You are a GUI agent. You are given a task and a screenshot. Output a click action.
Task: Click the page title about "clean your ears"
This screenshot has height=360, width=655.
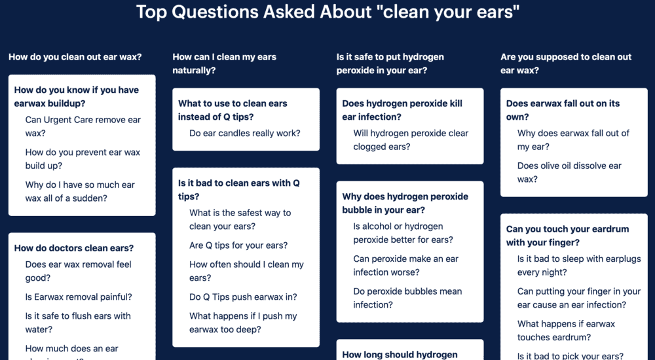tap(327, 12)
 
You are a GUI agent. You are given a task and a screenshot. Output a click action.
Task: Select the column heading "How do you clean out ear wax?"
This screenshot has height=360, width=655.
tap(75, 57)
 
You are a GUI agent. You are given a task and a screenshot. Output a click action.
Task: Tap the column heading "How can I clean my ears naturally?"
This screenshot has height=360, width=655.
tap(224, 63)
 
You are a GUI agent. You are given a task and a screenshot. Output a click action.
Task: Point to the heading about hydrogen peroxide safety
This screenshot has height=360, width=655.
tap(390, 63)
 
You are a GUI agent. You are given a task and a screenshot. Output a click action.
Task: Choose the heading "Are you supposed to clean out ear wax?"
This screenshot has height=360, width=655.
tap(566, 63)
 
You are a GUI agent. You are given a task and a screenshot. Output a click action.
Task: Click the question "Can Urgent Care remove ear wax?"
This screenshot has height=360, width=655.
tap(83, 126)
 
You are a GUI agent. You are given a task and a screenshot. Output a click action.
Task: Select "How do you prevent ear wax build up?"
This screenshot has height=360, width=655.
tap(83, 159)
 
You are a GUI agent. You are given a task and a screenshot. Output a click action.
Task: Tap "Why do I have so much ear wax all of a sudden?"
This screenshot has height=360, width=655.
tap(80, 192)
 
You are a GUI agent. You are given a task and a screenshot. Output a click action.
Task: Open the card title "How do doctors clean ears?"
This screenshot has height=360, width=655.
tap(74, 248)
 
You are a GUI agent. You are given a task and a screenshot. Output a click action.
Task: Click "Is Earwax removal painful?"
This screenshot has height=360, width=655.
tap(79, 297)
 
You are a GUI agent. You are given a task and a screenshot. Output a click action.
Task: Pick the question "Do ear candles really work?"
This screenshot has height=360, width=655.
tap(245, 134)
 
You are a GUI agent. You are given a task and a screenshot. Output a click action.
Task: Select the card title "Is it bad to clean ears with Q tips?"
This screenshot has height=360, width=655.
tap(238, 190)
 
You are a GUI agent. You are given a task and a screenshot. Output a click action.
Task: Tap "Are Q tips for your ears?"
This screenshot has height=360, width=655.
tap(238, 245)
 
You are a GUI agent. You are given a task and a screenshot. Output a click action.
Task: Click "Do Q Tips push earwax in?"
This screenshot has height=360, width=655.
tap(243, 297)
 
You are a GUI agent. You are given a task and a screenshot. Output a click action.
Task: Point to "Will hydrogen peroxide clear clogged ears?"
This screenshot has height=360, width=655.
tap(411, 140)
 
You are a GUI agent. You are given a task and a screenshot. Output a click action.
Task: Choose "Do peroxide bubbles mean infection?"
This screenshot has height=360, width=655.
tap(407, 298)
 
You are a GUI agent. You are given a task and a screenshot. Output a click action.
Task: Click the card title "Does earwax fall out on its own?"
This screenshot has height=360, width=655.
tap(563, 110)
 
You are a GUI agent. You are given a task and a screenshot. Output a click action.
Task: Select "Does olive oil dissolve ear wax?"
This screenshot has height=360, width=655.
tap(569, 173)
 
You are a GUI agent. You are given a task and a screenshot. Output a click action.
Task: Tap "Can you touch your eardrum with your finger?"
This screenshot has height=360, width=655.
tap(567, 236)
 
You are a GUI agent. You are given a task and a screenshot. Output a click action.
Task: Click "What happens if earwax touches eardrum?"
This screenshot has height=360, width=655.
tap(566, 331)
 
